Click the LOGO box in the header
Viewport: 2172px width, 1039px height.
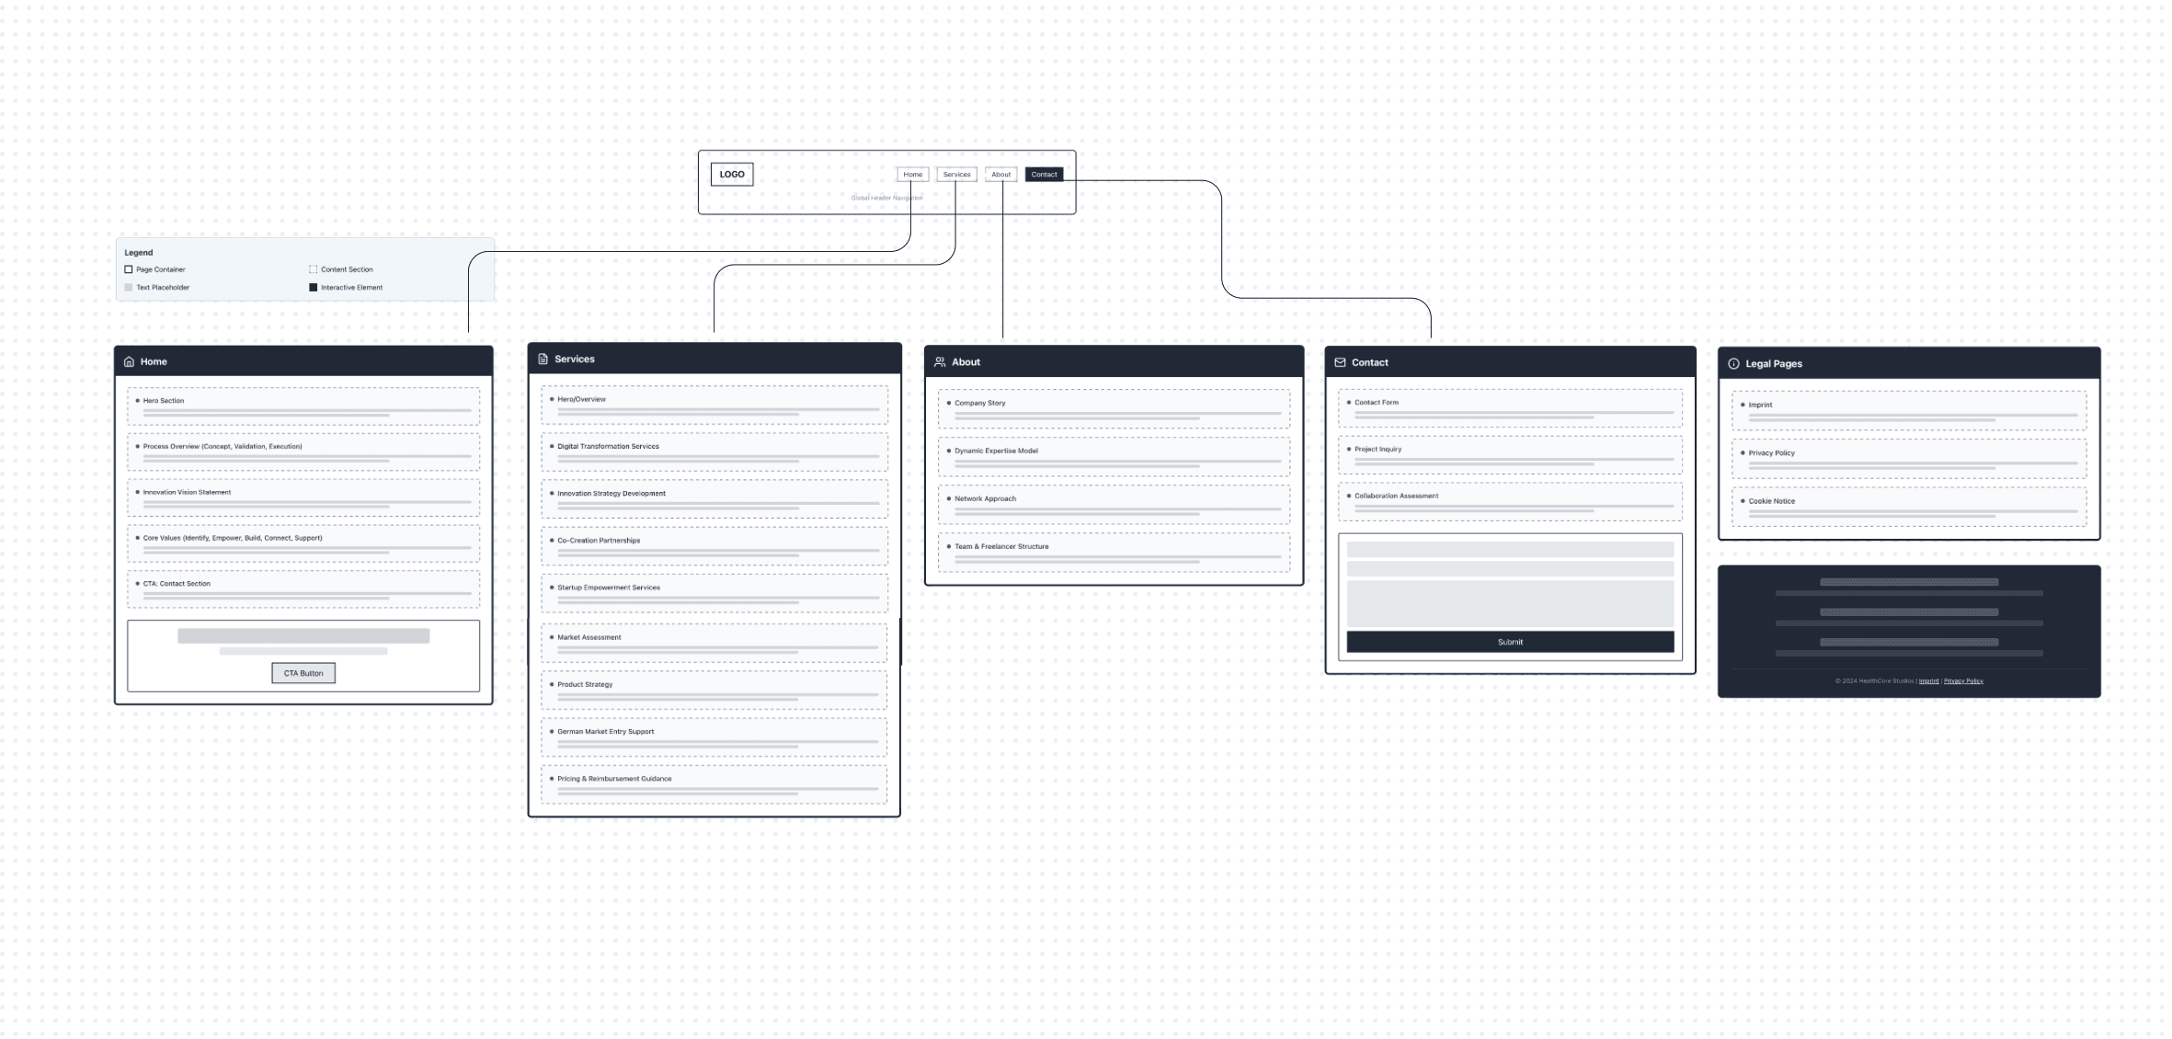point(731,175)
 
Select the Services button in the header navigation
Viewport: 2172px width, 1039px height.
point(956,175)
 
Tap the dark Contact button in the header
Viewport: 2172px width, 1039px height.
point(1044,175)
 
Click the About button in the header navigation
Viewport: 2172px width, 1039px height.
point(1000,175)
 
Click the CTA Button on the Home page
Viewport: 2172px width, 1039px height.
point(303,673)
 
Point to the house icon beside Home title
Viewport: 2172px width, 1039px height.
point(129,362)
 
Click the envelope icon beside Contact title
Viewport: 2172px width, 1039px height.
point(1340,362)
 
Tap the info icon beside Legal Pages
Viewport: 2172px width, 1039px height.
point(1733,364)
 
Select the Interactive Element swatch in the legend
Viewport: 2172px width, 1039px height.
point(313,288)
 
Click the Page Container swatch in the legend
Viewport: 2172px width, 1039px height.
point(129,269)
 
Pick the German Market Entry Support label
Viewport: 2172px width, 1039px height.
point(605,732)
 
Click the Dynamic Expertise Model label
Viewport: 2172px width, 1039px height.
point(996,451)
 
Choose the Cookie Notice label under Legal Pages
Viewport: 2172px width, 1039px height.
point(1771,501)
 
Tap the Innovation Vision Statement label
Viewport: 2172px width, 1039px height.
point(187,493)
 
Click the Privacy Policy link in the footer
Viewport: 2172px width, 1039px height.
point(1963,681)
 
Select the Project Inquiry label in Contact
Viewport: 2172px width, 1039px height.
point(1378,450)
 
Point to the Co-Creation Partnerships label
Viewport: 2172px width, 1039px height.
point(599,541)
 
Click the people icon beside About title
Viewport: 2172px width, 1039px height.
point(940,362)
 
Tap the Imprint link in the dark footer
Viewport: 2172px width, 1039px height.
point(1928,681)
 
